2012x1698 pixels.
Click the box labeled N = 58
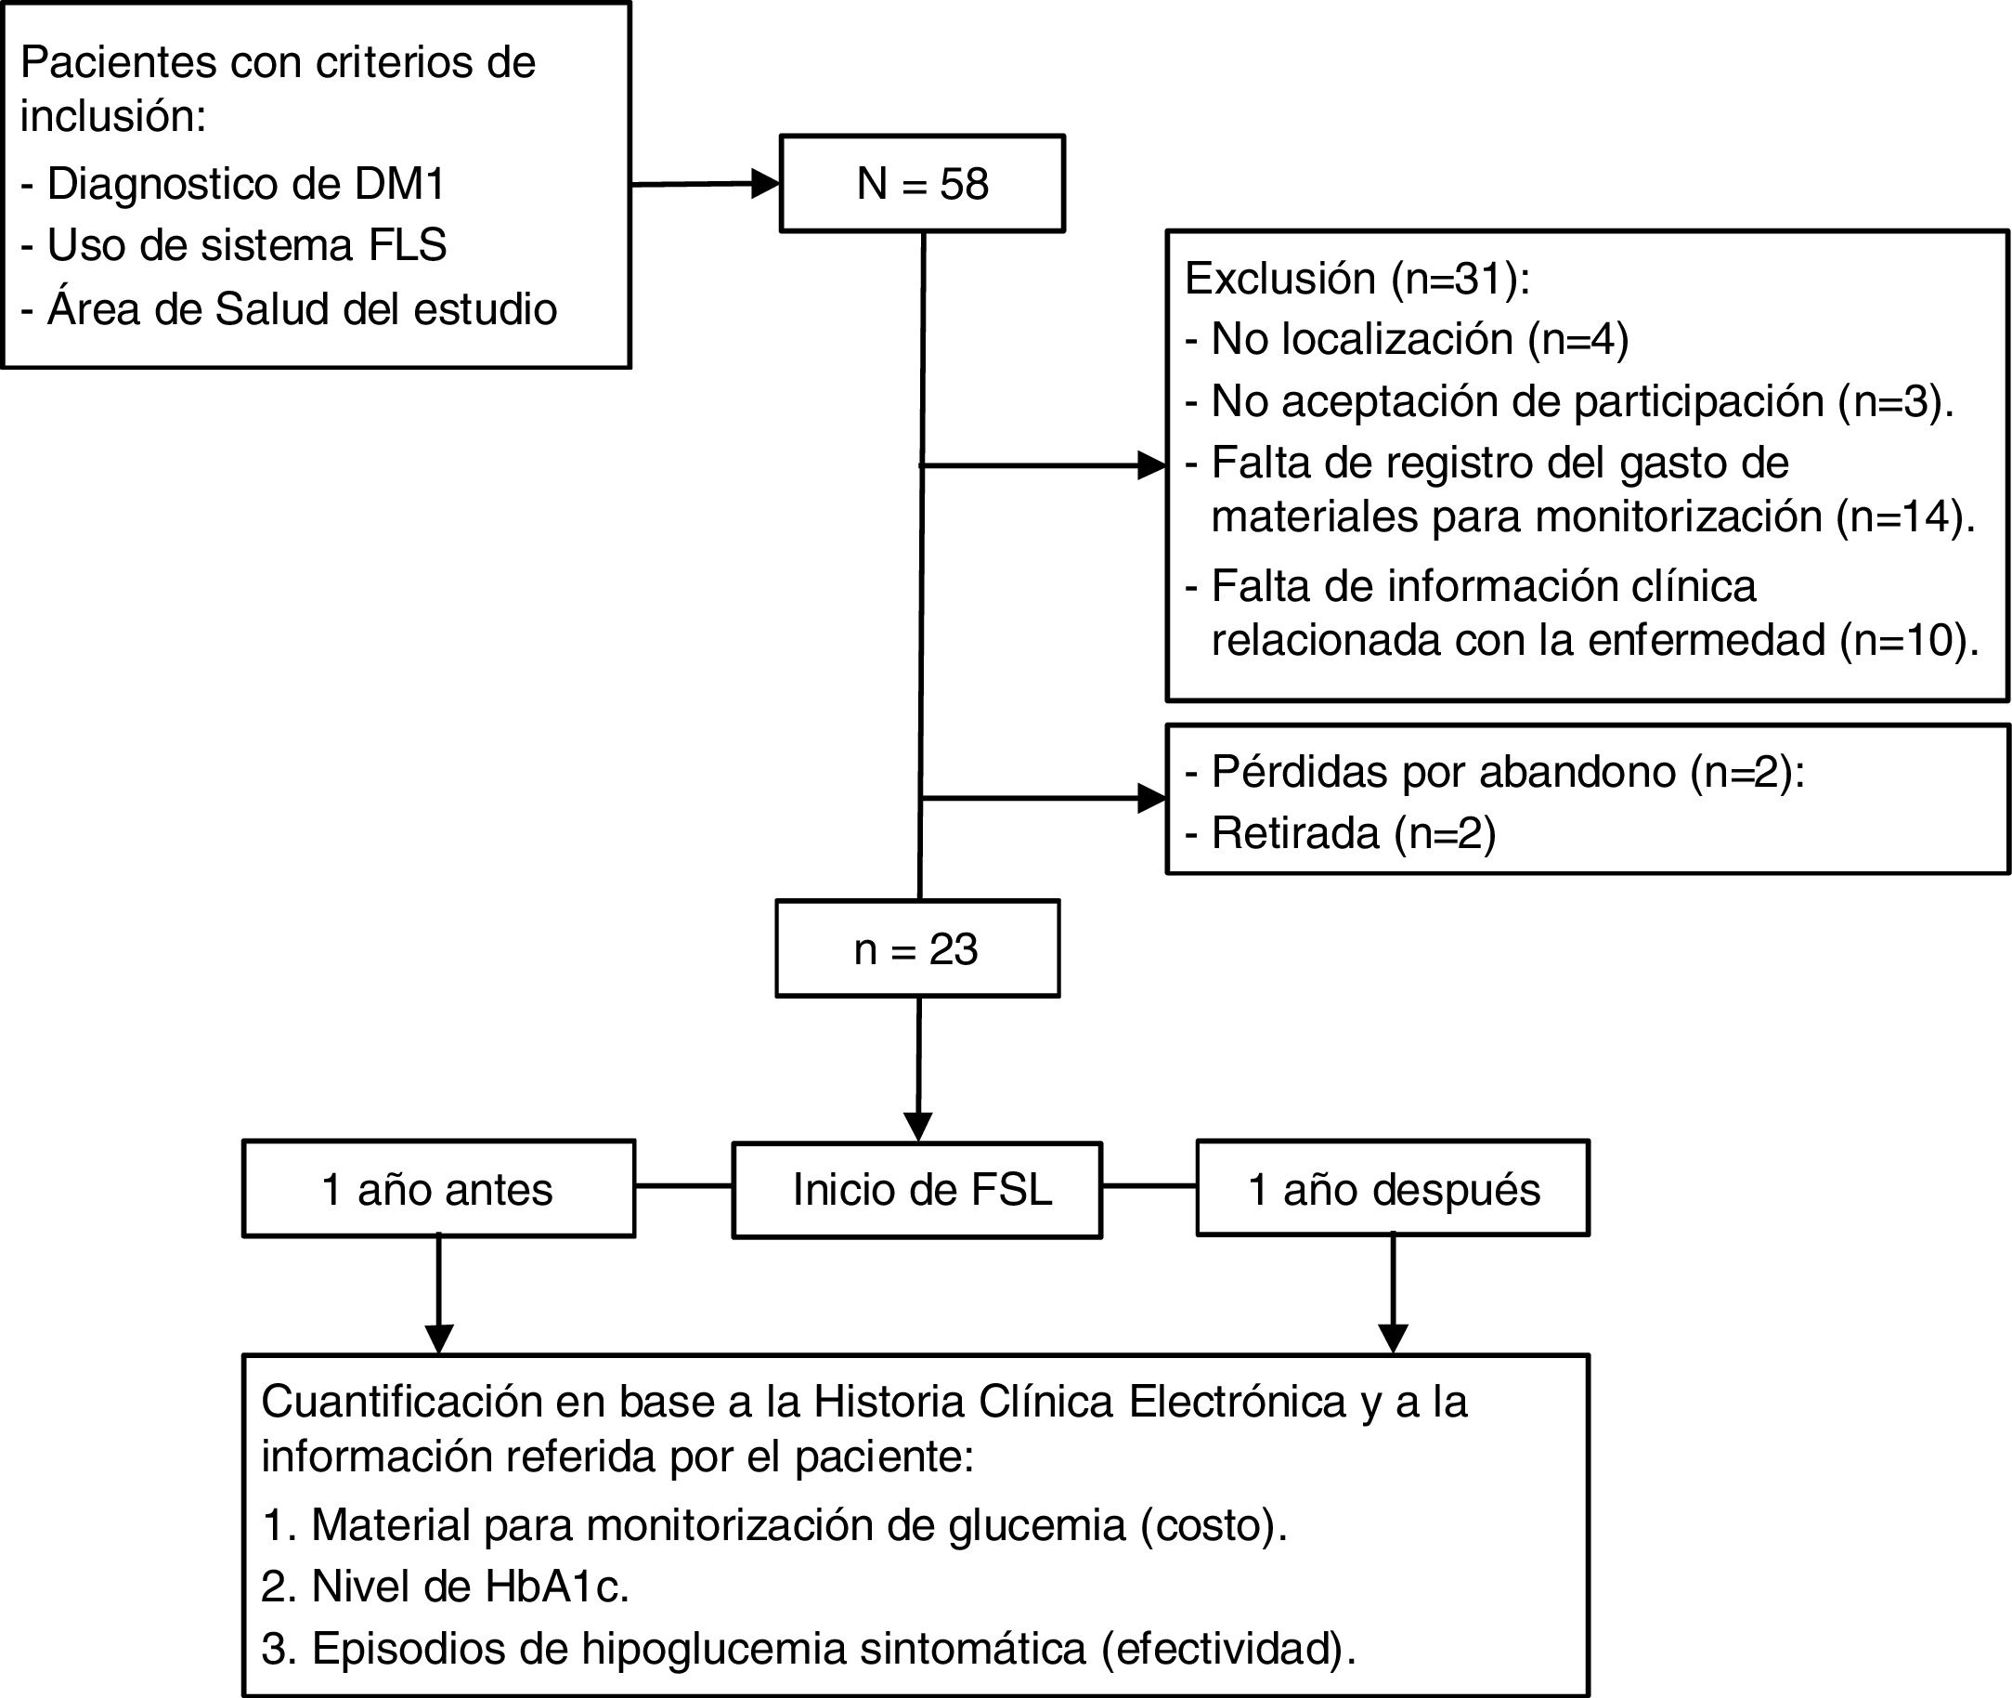(x=922, y=183)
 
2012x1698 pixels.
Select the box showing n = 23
(x=917, y=948)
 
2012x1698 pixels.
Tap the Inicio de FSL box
(x=917, y=1190)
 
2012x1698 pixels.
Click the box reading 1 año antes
(x=438, y=1190)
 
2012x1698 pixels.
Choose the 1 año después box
(x=1393, y=1190)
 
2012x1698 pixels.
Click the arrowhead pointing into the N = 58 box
(x=765, y=183)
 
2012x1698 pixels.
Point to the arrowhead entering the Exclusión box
(x=1152, y=466)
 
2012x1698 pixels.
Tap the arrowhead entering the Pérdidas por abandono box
(x=1152, y=798)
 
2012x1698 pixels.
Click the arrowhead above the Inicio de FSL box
(x=918, y=1126)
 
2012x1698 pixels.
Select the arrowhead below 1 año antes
(x=439, y=1338)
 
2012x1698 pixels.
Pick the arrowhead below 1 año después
(x=1393, y=1338)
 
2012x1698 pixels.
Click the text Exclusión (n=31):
(x=1356, y=278)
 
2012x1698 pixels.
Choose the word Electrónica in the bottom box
(x=1238, y=1403)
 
